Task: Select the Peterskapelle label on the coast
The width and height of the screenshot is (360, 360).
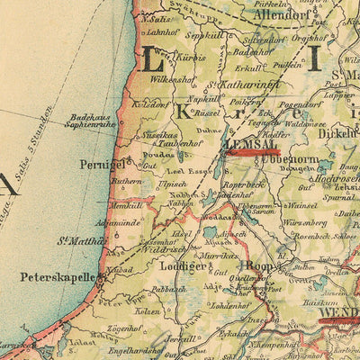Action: click(50, 279)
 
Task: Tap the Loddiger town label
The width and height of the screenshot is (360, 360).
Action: click(175, 266)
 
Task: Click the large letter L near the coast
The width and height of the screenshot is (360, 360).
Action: click(154, 62)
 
